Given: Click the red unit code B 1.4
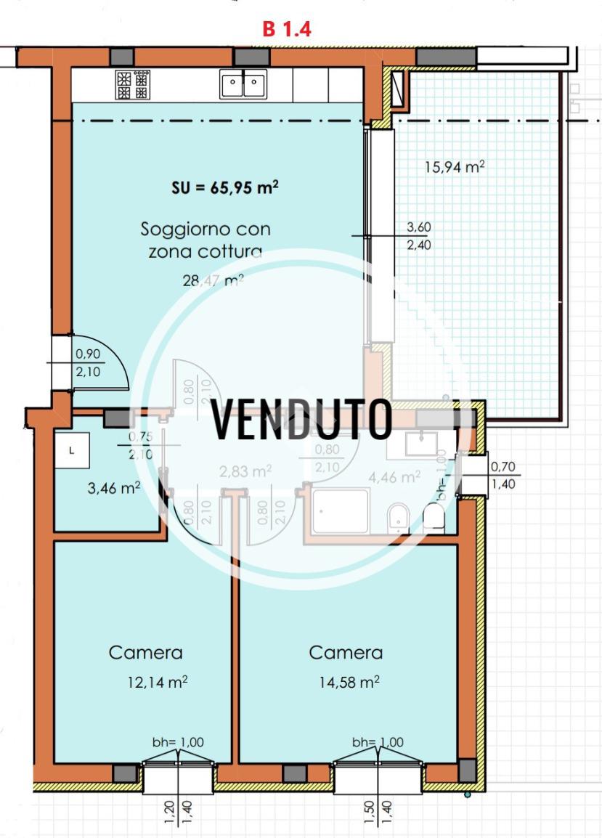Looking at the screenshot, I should [287, 29].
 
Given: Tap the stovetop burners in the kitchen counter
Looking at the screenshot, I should [132, 85].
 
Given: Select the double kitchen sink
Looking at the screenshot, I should [243, 85].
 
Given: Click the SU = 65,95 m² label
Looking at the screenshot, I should [225, 187].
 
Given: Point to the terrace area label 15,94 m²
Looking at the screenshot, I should [455, 167].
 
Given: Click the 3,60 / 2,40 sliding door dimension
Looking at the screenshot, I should [419, 236].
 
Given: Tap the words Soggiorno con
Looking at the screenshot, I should [205, 229].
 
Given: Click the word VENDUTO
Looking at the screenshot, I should [302, 420].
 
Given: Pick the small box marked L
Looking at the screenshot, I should [71, 451].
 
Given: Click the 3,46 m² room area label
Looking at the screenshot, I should [113, 488].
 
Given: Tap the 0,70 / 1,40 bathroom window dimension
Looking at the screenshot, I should [503, 476].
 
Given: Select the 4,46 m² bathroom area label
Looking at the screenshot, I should [395, 477].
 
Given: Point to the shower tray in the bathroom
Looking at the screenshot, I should [341, 511].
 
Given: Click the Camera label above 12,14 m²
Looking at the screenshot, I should [145, 652].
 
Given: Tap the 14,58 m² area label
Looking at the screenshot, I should [349, 683].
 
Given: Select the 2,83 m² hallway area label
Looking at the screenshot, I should [245, 471].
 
